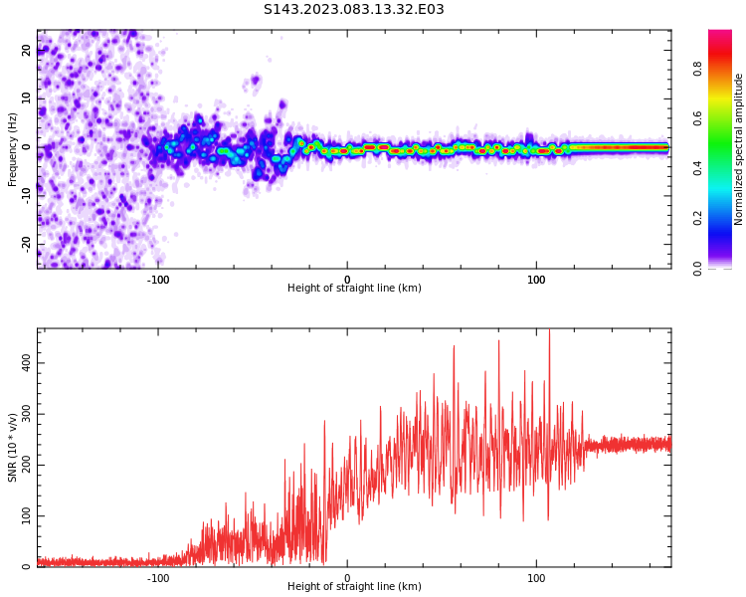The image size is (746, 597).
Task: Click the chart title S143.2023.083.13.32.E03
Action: [x=354, y=10]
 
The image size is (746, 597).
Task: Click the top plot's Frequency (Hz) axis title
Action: [x=13, y=147]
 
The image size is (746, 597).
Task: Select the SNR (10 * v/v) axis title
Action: [x=13, y=448]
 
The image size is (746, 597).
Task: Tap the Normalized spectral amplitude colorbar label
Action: [x=739, y=149]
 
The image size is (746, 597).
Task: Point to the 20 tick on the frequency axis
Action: [x=28, y=51]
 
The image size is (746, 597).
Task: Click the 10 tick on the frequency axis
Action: [x=28, y=99]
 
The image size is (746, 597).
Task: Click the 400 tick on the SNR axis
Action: [x=28, y=362]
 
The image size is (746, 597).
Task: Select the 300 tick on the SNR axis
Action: [x=28, y=414]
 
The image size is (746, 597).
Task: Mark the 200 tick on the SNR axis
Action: [x=28, y=465]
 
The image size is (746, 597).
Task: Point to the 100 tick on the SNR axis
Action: [x=28, y=516]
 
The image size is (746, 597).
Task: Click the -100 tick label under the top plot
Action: [x=158, y=279]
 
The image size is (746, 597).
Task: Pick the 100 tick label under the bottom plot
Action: [x=536, y=577]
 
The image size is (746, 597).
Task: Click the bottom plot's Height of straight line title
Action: [x=354, y=587]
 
